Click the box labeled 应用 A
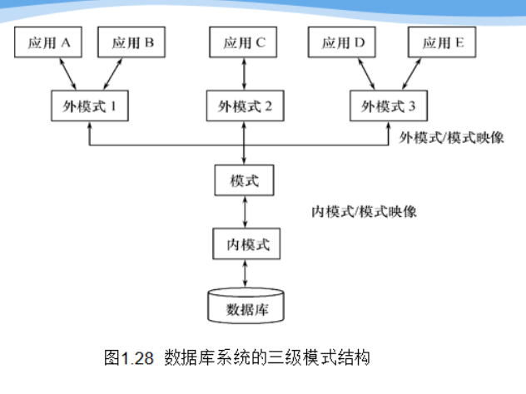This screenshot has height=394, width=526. (47, 42)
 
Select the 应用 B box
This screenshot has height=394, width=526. (131, 42)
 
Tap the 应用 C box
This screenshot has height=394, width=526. (243, 42)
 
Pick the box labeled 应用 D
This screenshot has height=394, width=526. (342, 42)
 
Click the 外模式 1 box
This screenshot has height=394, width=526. (89, 106)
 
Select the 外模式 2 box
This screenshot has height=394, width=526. (243, 106)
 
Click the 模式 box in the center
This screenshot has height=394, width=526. (243, 180)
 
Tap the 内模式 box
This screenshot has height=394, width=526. (243, 245)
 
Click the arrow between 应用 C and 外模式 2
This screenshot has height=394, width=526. (243, 74)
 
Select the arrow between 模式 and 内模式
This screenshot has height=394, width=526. (243, 213)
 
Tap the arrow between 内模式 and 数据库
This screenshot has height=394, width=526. (243, 274)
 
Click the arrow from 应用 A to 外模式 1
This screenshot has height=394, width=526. (65, 74)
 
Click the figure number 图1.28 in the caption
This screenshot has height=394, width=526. (129, 358)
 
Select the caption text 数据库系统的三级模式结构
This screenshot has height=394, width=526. (266, 358)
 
